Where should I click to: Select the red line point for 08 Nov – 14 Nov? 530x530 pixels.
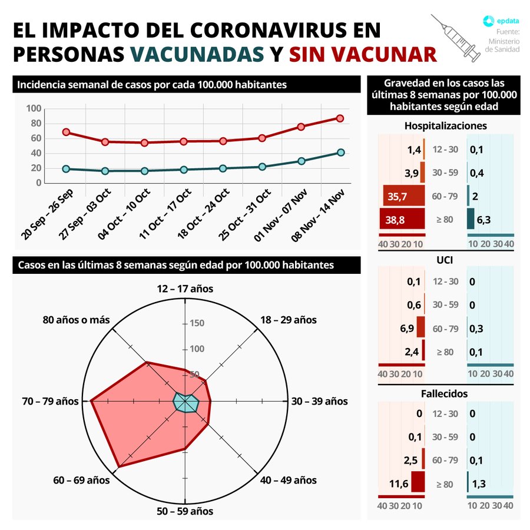coord(340,118)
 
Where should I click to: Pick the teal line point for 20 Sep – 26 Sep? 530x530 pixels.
coord(66,169)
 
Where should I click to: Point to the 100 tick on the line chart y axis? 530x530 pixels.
coord(34,108)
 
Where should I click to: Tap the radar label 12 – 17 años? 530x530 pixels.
coord(185,289)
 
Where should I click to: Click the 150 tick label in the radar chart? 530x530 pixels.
coord(197,323)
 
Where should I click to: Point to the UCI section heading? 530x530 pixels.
coord(445,259)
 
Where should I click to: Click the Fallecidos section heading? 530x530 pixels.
coord(445,393)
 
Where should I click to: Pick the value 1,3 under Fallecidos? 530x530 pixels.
coord(481,483)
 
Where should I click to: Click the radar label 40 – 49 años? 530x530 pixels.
coord(289,480)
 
